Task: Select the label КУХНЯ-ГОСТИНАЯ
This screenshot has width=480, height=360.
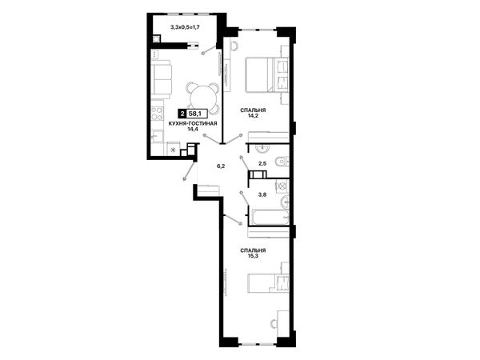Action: tap(193, 124)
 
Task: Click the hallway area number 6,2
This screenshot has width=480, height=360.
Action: tap(221, 166)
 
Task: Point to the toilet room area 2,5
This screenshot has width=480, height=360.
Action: tap(262, 163)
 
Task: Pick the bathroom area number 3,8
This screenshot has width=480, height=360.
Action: tap(262, 194)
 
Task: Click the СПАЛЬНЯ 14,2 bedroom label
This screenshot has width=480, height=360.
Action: tap(253, 113)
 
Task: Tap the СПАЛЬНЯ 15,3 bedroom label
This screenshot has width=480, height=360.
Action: tap(253, 253)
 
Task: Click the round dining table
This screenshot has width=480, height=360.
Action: tap(202, 98)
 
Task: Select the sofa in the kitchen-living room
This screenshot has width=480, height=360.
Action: tap(161, 79)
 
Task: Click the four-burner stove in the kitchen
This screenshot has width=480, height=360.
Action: tap(157, 113)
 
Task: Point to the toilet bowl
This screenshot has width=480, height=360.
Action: tap(282, 162)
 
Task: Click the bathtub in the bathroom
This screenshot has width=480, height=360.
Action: tap(270, 217)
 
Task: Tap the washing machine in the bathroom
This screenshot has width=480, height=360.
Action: tap(282, 186)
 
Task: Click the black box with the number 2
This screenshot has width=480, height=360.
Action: tap(182, 114)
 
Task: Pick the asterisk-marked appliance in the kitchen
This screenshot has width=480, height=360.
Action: tap(173, 150)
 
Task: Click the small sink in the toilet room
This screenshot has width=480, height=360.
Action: tap(262, 148)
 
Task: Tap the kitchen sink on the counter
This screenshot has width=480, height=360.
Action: tap(157, 136)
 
